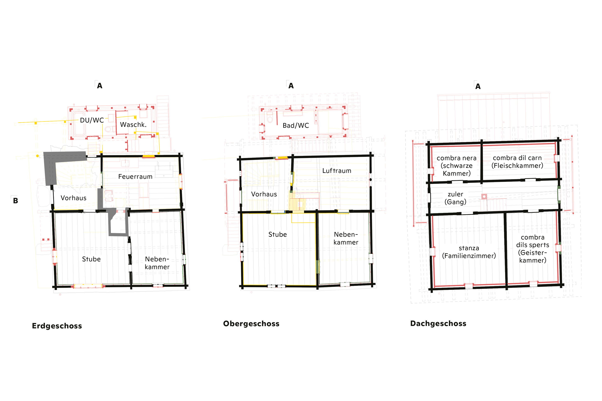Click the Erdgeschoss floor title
point(57,326)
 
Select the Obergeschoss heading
point(251,324)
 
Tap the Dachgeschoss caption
point(438,324)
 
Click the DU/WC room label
point(92,120)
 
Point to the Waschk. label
point(133,124)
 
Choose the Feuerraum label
point(135,176)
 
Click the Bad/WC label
point(296,126)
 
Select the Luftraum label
point(337,171)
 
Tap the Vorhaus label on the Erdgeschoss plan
point(73,198)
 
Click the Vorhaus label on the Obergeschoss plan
point(264,194)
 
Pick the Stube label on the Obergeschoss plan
point(277,235)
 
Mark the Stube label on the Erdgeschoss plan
point(91,259)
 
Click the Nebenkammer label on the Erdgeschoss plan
point(157,263)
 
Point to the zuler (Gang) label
point(455,198)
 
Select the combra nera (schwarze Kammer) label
point(457,166)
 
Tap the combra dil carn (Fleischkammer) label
point(517,162)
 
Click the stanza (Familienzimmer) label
point(469,252)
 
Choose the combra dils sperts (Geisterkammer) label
point(533,249)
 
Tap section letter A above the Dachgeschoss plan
point(478,86)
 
